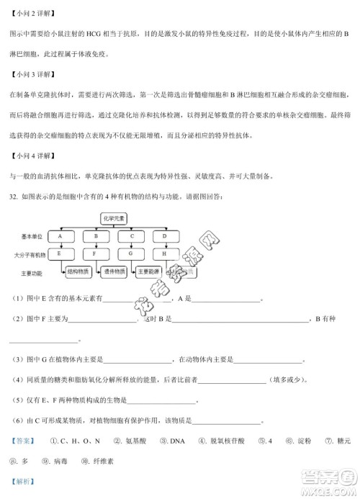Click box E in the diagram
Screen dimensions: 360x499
pos(60,254)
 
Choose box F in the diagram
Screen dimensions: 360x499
pos(96,254)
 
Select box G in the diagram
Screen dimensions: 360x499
pos(132,254)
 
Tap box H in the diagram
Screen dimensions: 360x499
pos(166,254)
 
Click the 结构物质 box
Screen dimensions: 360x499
pos(77,272)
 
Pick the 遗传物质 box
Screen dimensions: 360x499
pos(113,272)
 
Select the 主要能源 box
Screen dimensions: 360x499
pos(148,272)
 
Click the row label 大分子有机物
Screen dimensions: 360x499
pos(30,255)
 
